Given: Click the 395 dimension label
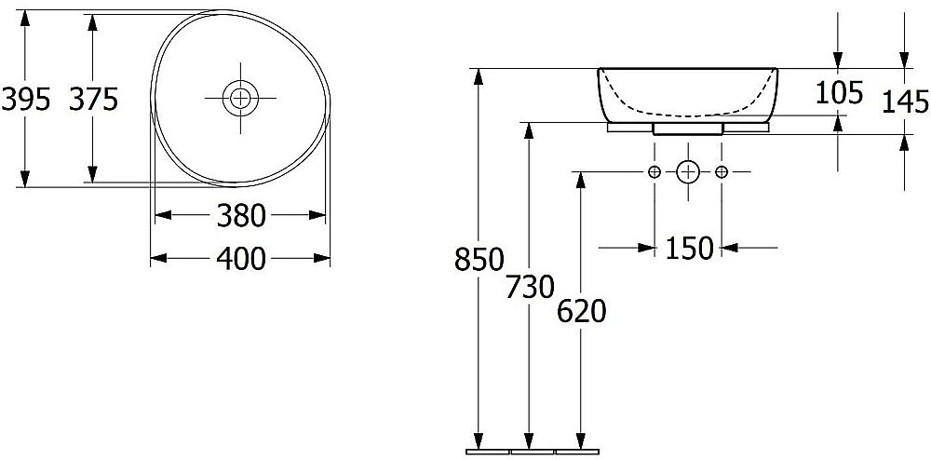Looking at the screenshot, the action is (25, 99).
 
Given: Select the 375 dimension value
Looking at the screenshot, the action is (94, 99).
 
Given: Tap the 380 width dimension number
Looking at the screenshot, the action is (240, 215).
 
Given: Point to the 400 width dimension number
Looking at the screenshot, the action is (240, 259).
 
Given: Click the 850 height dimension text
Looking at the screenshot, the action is (479, 260).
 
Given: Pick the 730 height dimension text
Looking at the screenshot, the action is (531, 288).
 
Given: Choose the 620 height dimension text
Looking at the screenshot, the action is (581, 312).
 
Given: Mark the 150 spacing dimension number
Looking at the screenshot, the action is (689, 248).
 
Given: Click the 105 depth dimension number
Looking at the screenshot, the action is (839, 92).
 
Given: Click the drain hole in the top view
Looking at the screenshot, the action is (240, 98).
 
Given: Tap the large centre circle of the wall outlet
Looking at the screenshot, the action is (688, 172).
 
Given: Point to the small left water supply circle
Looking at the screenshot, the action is (654, 172).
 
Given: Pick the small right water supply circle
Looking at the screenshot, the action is (722, 172).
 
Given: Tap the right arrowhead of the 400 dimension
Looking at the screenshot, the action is (322, 258).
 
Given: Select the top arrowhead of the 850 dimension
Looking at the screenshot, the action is (479, 77).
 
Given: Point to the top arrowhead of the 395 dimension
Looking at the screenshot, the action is (24, 19).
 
